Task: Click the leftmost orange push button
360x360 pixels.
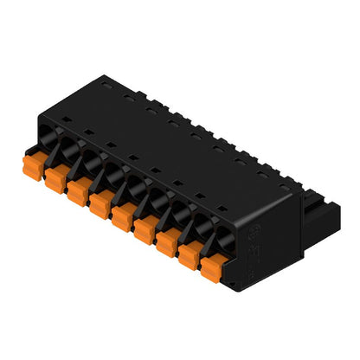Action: (x=32, y=161)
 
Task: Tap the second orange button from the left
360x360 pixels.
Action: (x=54, y=177)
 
